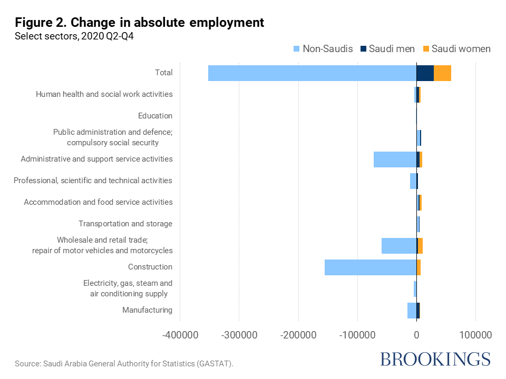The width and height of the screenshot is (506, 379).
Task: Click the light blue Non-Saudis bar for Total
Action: point(312,73)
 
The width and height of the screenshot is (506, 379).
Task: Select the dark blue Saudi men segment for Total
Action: point(425,73)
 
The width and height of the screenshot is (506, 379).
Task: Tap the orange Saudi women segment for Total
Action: point(442,73)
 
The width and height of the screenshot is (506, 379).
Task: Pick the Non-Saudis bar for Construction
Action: point(371,267)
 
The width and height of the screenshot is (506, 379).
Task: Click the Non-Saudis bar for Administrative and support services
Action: point(395,159)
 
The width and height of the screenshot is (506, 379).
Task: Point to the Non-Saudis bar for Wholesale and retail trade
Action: point(399,246)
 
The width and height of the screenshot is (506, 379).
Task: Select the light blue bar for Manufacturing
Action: point(412,311)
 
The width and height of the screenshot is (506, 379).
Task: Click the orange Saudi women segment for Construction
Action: point(419,267)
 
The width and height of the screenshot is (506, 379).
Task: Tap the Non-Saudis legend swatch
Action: point(296,49)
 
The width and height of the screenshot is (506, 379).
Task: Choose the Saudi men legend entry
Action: point(387,49)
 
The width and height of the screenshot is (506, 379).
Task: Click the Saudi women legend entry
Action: point(456,49)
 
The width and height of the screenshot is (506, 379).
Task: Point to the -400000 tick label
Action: point(180,335)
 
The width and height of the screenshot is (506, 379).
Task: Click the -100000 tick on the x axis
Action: point(357,335)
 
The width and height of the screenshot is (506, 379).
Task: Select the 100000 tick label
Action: point(475,335)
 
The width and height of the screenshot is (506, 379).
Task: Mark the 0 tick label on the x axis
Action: point(416,335)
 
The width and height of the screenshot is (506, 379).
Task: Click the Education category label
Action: point(155,116)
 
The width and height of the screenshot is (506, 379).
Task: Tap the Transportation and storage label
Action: point(125,224)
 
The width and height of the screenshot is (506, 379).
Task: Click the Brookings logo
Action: point(435,359)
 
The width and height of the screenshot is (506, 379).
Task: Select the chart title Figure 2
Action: point(139,23)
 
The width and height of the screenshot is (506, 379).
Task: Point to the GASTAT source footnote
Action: point(124,364)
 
